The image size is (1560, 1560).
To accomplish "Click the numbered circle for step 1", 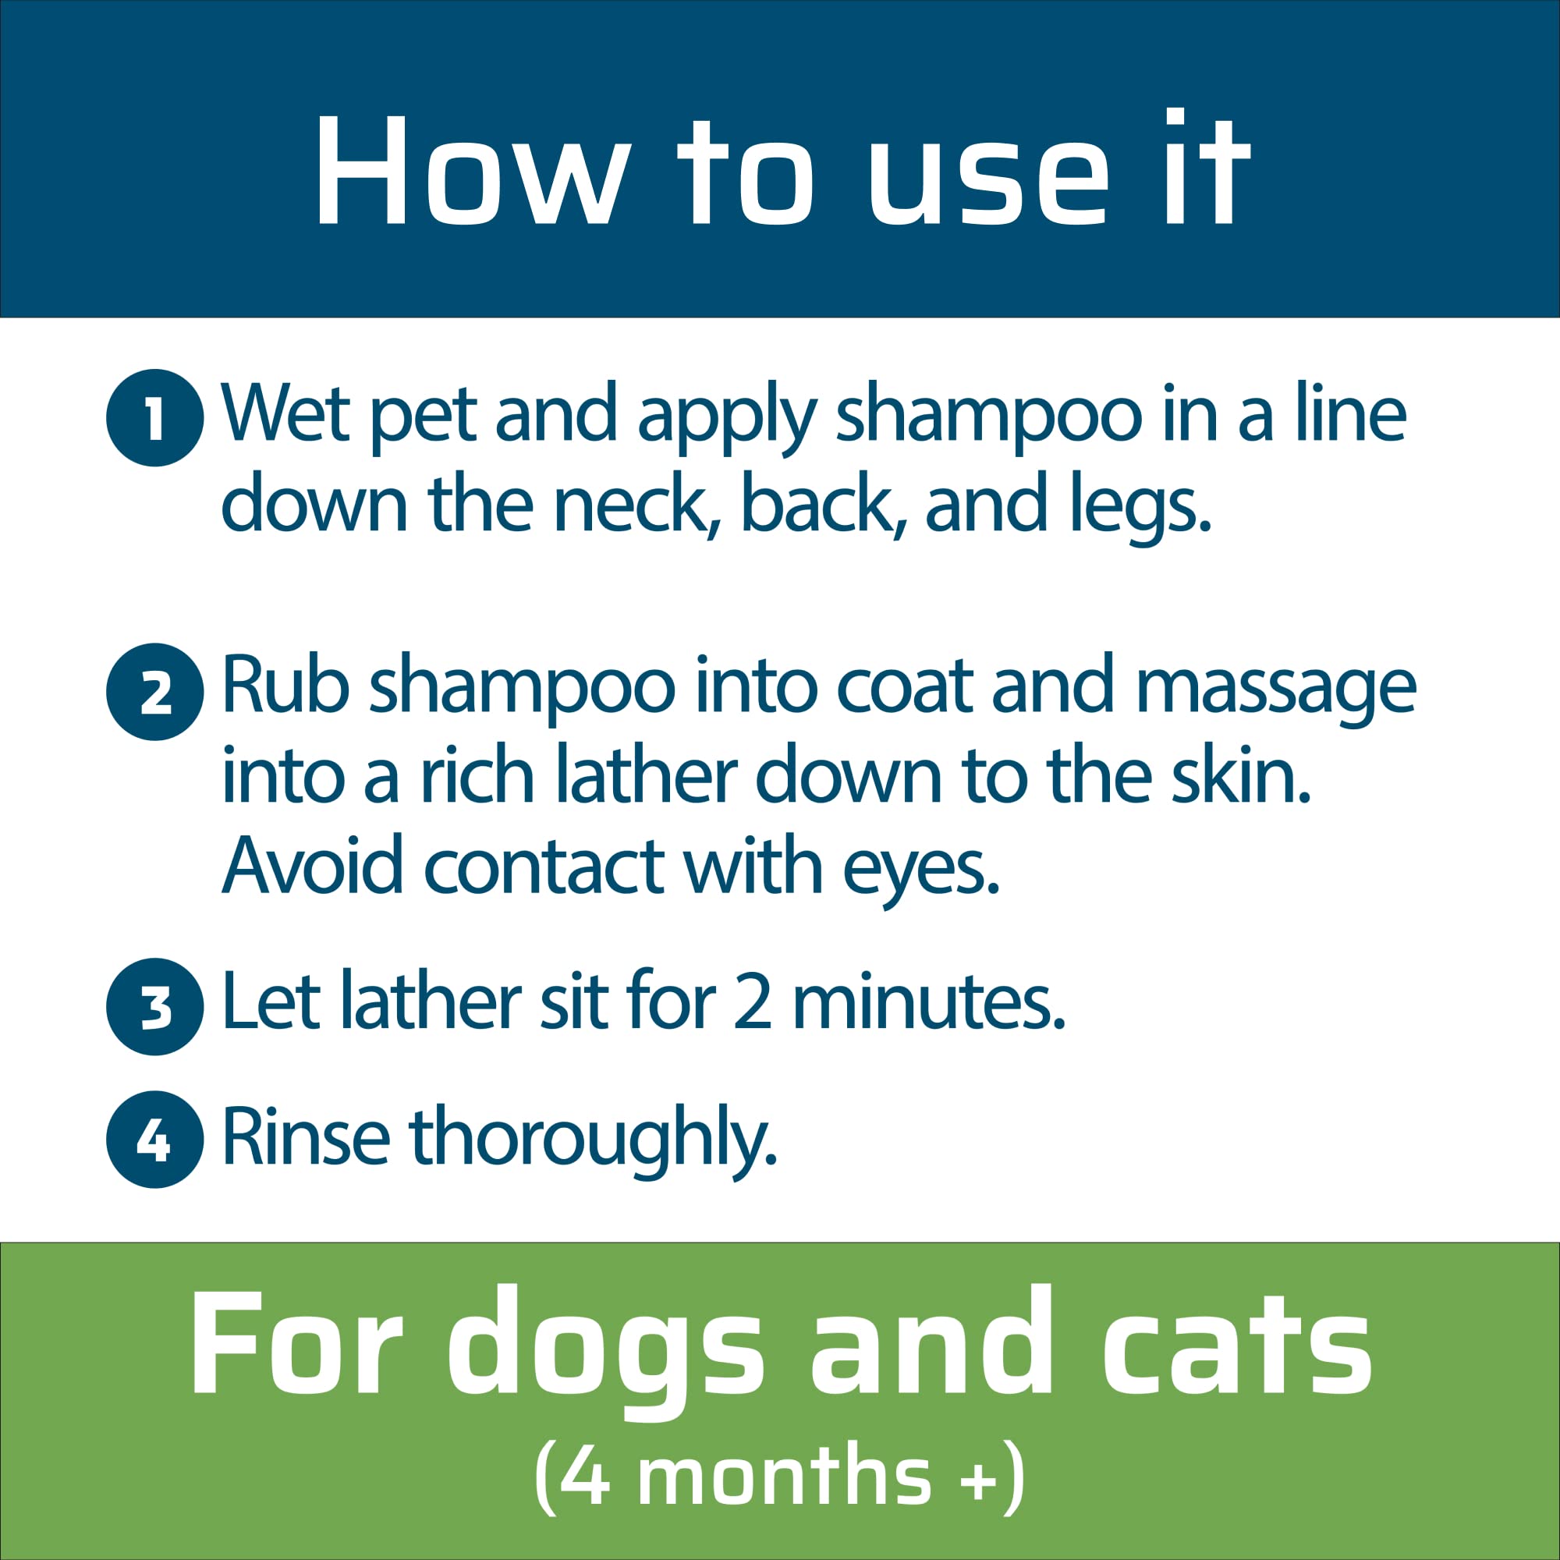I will [154, 417].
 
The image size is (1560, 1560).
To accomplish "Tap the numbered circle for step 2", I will [154, 691].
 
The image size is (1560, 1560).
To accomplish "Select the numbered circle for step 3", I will [154, 1006].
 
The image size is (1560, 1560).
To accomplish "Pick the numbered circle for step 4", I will [154, 1140].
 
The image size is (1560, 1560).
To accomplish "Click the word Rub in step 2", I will [285, 687].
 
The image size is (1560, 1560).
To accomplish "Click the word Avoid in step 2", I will [312, 866].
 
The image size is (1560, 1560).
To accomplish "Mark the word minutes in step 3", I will [928, 1002].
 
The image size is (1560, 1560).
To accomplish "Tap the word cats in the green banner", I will [1236, 1343].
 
